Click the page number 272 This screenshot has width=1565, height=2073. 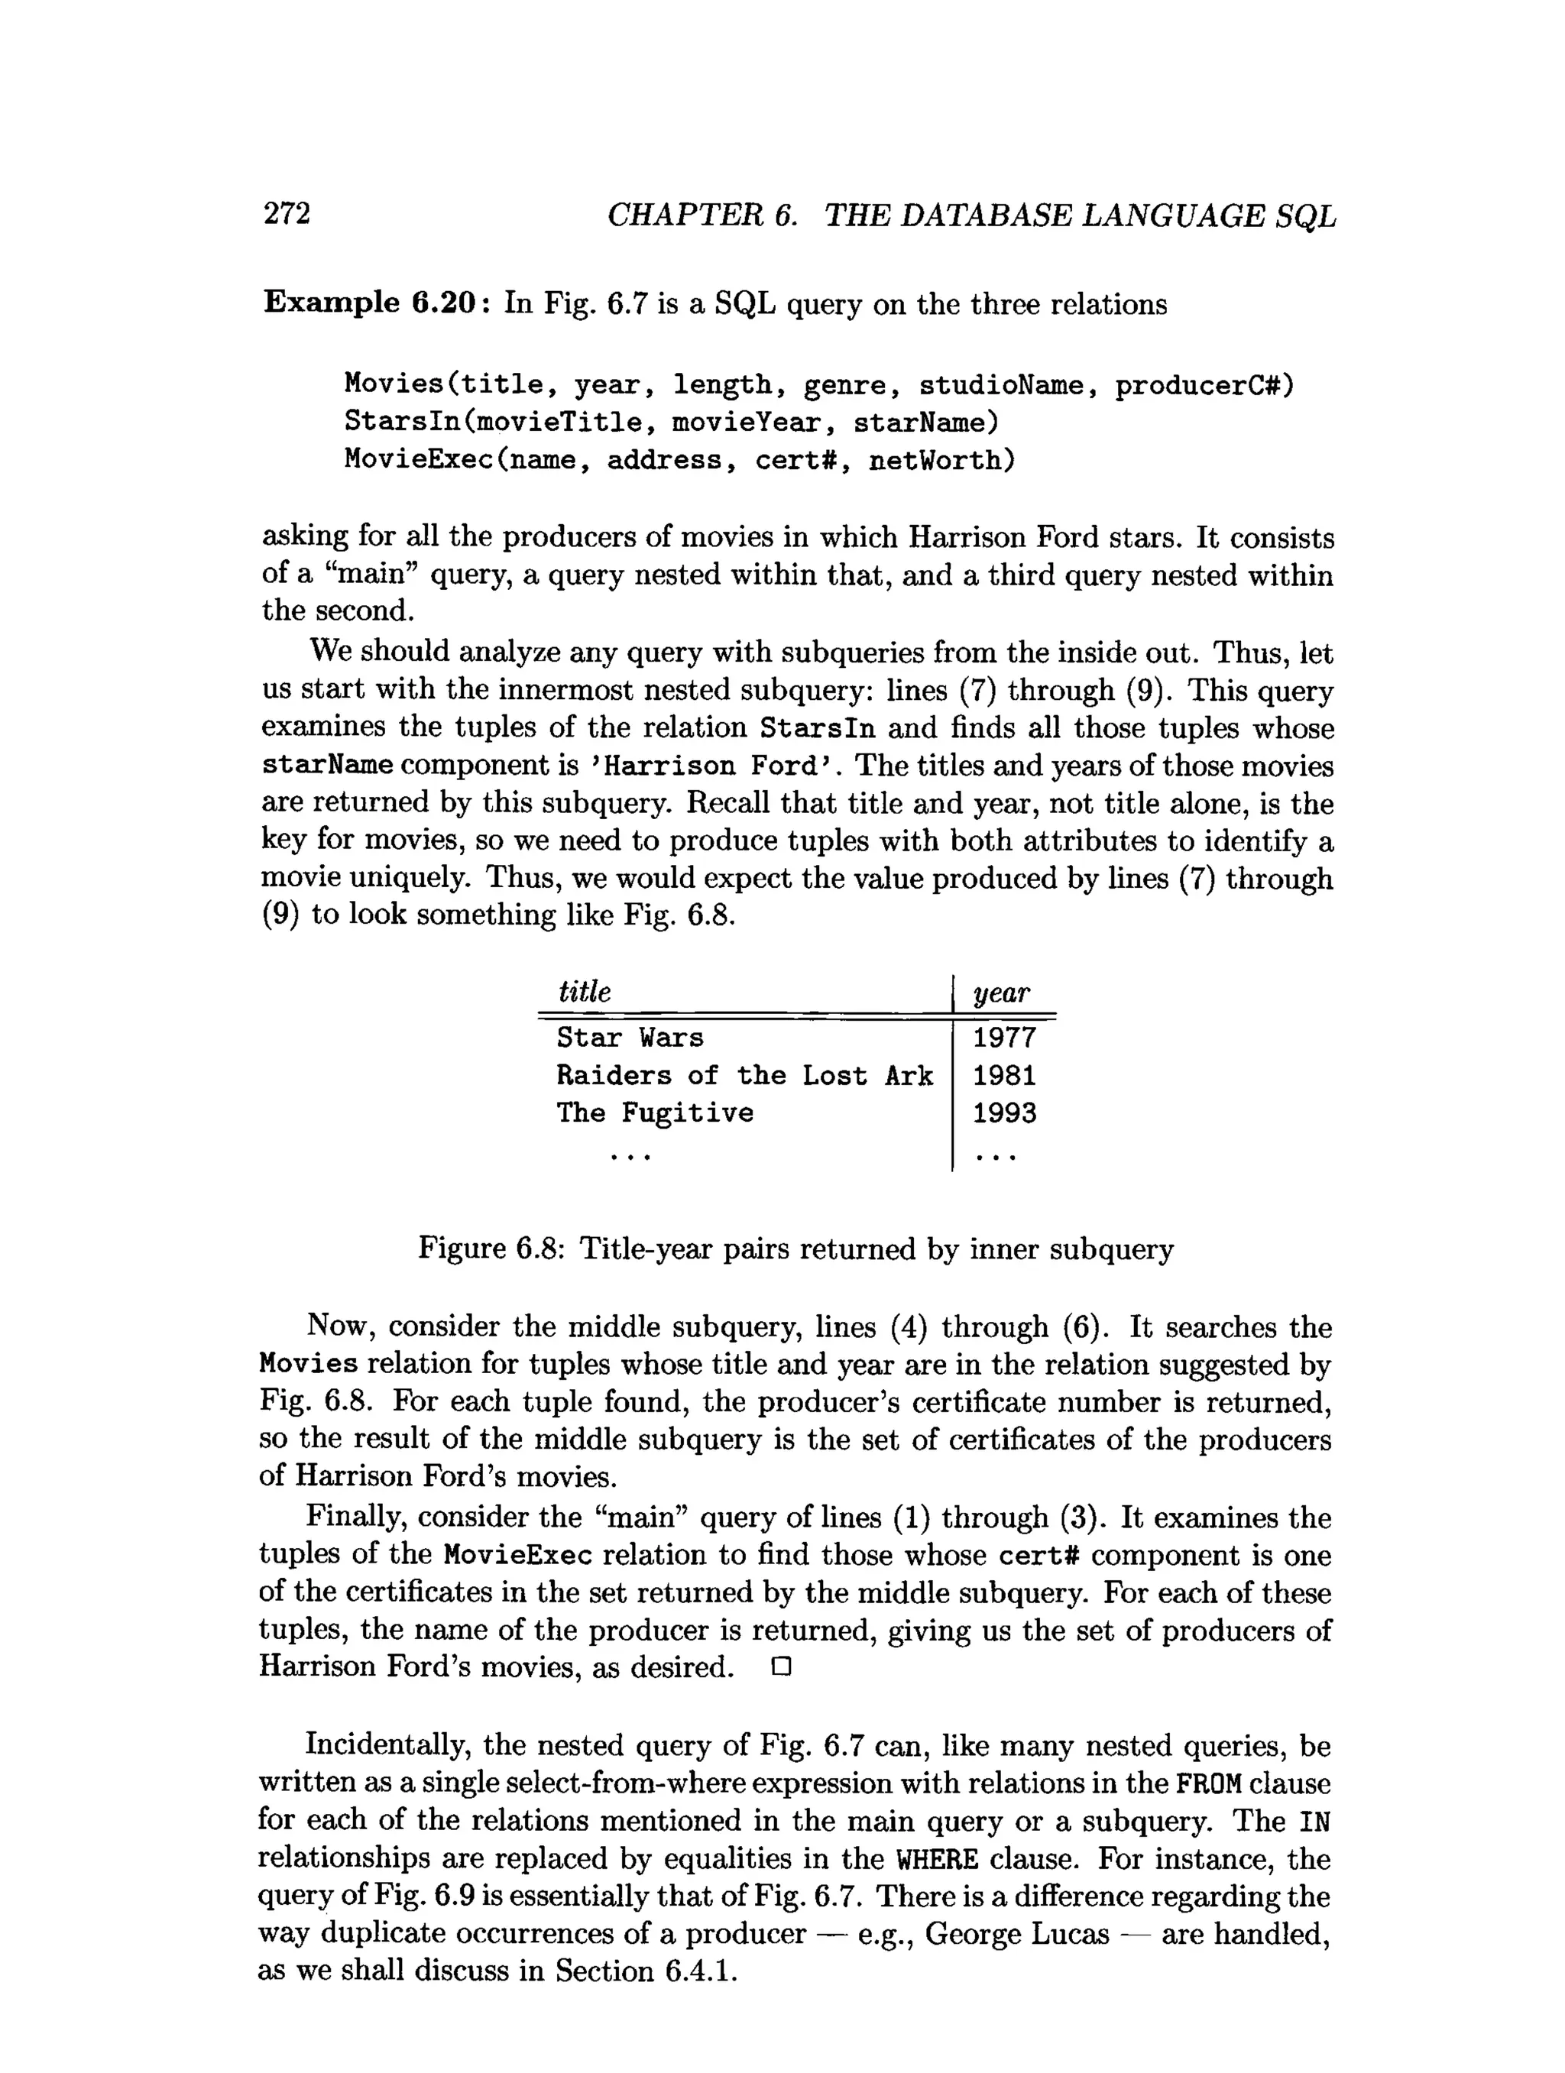[x=286, y=214]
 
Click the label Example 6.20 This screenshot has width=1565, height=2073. [x=373, y=303]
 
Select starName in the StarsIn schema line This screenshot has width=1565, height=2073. [x=925, y=423]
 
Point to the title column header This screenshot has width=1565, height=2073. [x=584, y=992]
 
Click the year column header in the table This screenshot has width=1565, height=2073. [x=1002, y=993]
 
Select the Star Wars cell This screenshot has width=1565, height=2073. [x=630, y=1038]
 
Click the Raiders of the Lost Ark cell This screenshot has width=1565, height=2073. [x=744, y=1075]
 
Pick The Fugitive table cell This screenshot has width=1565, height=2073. [x=654, y=1113]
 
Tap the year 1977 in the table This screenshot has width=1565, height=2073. [x=1003, y=1038]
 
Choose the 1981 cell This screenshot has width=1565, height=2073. [x=1003, y=1075]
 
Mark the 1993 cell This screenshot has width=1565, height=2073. [x=1003, y=1113]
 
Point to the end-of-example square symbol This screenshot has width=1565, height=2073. [x=782, y=1668]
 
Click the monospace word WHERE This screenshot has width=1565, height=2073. [x=937, y=1858]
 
